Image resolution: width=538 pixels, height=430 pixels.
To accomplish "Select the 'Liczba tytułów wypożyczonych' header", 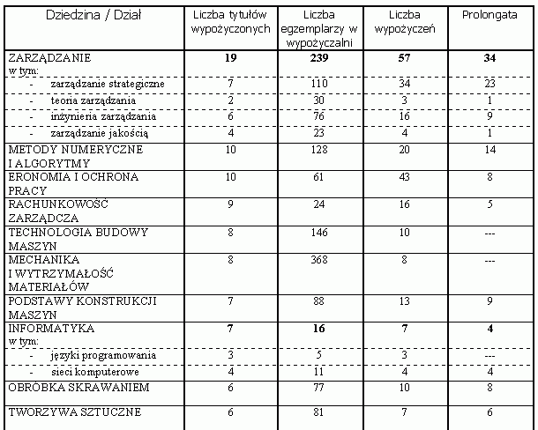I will (x=229, y=22).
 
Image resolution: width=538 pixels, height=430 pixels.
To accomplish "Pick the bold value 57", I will (x=403, y=57).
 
